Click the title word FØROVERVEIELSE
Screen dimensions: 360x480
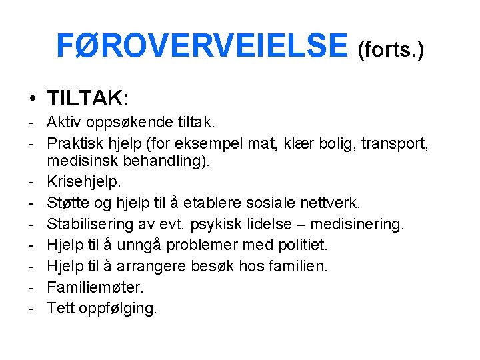click(202, 46)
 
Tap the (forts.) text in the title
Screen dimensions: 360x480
click(391, 50)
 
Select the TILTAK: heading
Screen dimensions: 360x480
click(88, 99)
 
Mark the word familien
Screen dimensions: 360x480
click(299, 266)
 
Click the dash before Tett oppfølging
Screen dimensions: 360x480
click(31, 308)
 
